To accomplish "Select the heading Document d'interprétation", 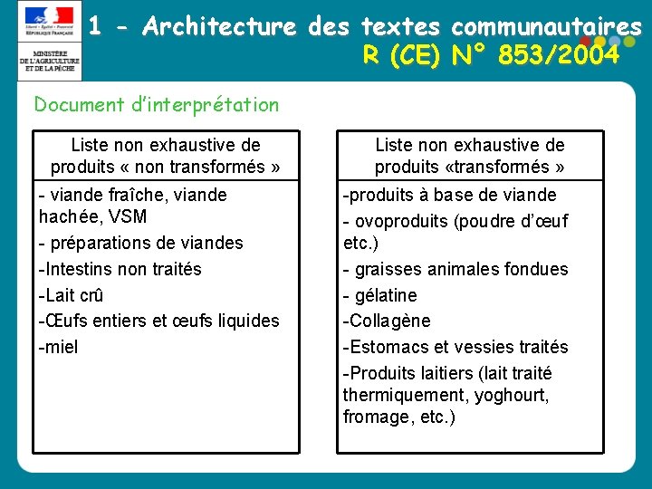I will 157,105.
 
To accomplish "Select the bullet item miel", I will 60,346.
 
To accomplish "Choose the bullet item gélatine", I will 384,295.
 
